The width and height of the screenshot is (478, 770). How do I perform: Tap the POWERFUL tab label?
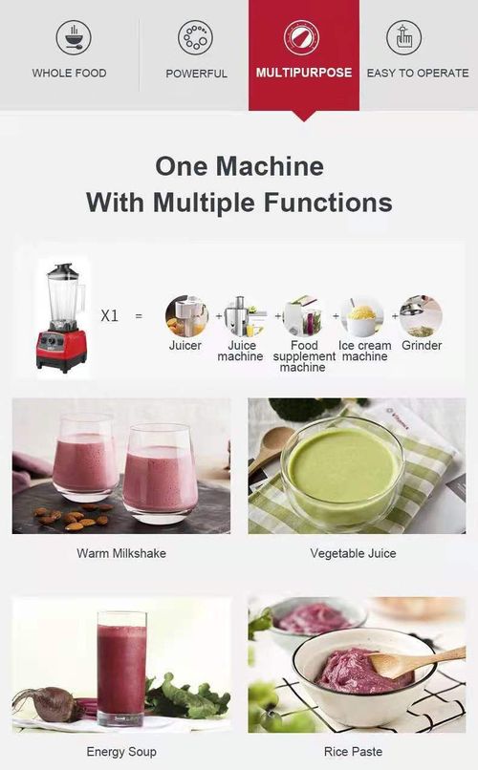[196, 74]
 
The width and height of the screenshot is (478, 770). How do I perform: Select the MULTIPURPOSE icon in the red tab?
[304, 37]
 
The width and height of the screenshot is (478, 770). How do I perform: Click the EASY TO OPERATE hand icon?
[403, 37]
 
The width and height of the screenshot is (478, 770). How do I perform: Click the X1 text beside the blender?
[110, 315]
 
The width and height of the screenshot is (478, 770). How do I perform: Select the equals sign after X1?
[139, 315]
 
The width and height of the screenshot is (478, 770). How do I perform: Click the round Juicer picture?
[185, 315]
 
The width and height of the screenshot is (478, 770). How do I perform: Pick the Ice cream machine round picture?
[362, 315]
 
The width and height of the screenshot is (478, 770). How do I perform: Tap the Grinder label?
[422, 345]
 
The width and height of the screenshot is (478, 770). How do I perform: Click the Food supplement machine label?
[304, 355]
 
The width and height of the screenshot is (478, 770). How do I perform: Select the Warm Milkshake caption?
[120, 553]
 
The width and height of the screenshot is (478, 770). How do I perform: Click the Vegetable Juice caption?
[353, 553]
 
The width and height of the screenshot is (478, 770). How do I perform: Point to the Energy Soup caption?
[120, 752]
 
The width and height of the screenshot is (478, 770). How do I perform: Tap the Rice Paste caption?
[353, 752]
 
